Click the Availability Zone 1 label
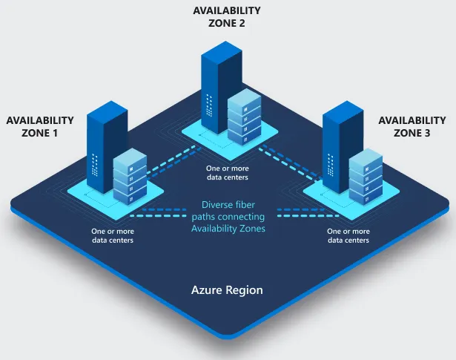point(40,126)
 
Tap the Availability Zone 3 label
point(412,126)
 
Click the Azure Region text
point(227,290)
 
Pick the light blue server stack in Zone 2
point(245,117)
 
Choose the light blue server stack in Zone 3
point(366,178)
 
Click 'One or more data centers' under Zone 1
point(113,236)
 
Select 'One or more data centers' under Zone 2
point(227,173)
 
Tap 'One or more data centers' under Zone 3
point(348,236)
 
